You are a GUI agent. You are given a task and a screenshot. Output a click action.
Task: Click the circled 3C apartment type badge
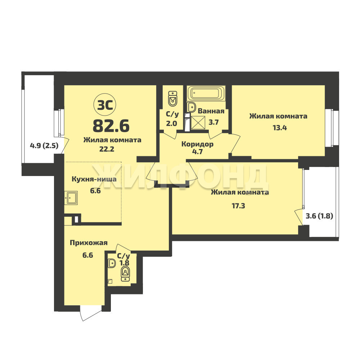(105, 105)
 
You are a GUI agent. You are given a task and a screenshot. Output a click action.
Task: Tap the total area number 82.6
(111, 126)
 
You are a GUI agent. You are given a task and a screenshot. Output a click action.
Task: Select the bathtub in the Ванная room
(206, 94)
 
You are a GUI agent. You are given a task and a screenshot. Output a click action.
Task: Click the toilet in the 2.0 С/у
(173, 99)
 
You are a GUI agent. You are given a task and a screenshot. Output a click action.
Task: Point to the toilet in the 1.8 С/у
(125, 274)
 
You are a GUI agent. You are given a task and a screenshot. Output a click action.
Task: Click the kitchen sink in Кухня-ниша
(71, 198)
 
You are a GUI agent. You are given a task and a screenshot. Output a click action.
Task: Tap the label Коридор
(197, 144)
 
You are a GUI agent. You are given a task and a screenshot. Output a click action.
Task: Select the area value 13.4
(280, 128)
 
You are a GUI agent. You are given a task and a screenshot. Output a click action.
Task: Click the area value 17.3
(238, 206)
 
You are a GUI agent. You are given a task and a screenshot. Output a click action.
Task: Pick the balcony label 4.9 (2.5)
(44, 145)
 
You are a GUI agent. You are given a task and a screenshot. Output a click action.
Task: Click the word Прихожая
(89, 243)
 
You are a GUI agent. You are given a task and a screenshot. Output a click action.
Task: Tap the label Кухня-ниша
(94, 179)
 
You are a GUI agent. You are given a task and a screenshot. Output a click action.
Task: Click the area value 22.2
(107, 149)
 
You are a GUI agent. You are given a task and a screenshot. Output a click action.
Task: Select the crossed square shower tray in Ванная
(198, 123)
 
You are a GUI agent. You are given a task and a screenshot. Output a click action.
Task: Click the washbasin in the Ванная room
(191, 107)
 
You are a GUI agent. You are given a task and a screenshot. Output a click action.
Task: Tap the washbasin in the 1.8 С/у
(112, 263)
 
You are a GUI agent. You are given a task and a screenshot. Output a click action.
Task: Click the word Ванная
(211, 111)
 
